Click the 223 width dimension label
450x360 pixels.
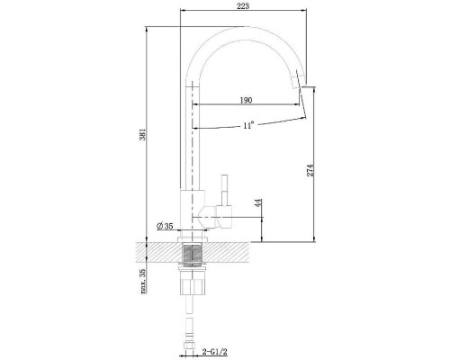point(243,6)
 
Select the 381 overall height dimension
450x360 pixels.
point(143,134)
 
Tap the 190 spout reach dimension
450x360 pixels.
point(246,100)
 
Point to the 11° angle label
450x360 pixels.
point(248,125)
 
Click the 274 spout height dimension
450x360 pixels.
point(310,170)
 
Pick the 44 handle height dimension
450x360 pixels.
point(258,202)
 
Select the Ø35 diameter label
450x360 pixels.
point(165,226)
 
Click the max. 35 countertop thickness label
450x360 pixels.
point(143,281)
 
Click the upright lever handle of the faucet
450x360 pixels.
point(225,190)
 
